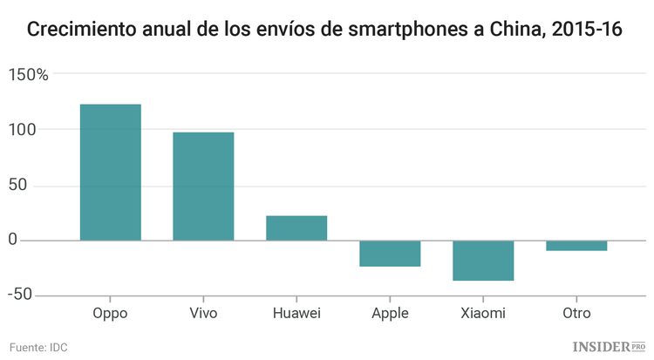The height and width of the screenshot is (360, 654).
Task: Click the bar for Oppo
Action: pyautogui.click(x=110, y=172)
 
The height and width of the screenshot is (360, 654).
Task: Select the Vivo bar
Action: pyautogui.click(x=203, y=186)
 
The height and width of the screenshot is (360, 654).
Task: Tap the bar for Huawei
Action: pyautogui.click(x=296, y=228)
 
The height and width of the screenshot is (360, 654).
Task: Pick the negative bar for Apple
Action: pyautogui.click(x=390, y=253)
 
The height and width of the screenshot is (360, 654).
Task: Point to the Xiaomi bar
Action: pyautogui.click(x=483, y=260)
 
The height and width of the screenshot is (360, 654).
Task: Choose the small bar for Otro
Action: pyautogui.click(x=576, y=245)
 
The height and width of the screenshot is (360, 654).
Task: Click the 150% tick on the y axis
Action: pyautogui.click(x=28, y=75)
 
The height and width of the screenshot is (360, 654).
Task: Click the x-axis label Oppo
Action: pyautogui.click(x=110, y=314)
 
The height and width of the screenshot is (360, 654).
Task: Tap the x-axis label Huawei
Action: pyautogui.click(x=296, y=314)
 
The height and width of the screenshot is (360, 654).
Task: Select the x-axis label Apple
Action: pyautogui.click(x=390, y=314)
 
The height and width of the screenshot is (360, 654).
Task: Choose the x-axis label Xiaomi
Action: pyautogui.click(x=483, y=314)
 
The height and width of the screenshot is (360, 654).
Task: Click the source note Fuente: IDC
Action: pyautogui.click(x=38, y=347)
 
